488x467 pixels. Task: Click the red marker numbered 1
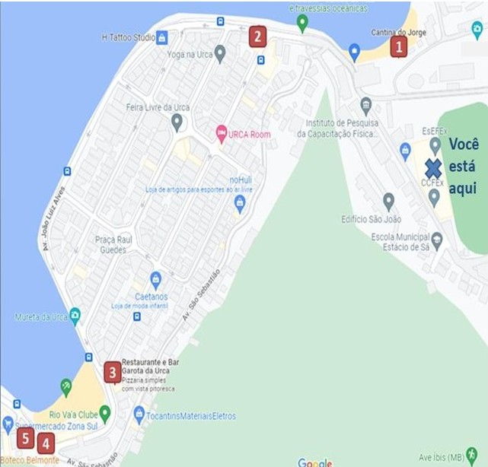click(x=397, y=47)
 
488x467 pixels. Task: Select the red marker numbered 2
click(x=257, y=36)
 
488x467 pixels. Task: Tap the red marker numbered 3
click(x=113, y=372)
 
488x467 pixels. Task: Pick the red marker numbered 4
click(x=46, y=443)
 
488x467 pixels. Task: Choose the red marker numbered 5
click(x=25, y=438)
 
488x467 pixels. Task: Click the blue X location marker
click(x=433, y=169)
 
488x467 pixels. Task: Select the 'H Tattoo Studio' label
click(x=127, y=37)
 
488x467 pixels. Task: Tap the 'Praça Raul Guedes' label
click(x=116, y=244)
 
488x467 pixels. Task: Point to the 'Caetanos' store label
click(x=155, y=297)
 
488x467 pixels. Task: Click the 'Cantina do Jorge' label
click(x=398, y=33)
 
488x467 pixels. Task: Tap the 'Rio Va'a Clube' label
click(x=74, y=415)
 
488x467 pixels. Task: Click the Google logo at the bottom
click(x=314, y=462)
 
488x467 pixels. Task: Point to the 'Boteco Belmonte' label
click(x=30, y=460)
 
